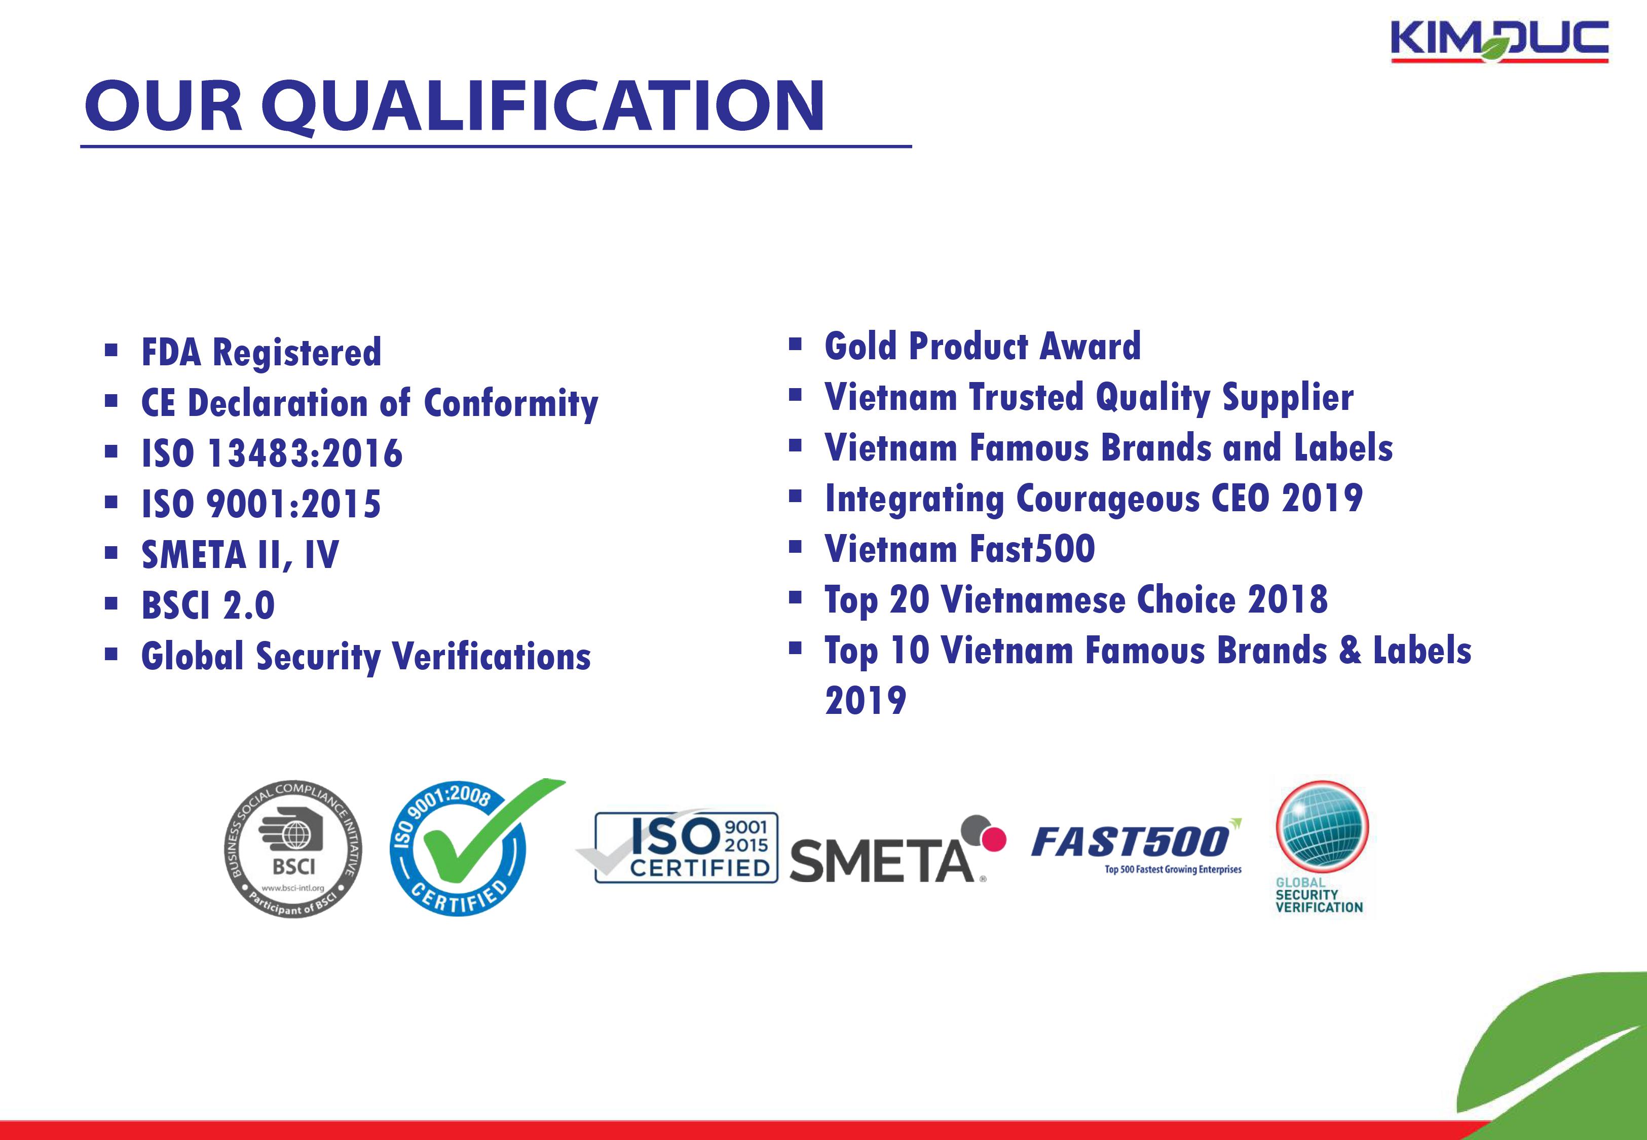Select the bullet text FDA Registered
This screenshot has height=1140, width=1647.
[261, 353]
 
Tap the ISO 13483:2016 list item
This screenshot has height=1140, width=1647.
[272, 453]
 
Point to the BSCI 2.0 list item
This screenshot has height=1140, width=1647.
[208, 605]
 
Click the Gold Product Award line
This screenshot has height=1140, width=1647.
[983, 347]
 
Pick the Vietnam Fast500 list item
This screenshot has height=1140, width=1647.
[960, 549]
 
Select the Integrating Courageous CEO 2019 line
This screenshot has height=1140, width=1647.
[1094, 499]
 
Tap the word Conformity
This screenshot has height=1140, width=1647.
[511, 404]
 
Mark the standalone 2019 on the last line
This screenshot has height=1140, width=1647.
[866, 700]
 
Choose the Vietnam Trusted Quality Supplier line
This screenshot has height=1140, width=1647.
[1089, 398]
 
